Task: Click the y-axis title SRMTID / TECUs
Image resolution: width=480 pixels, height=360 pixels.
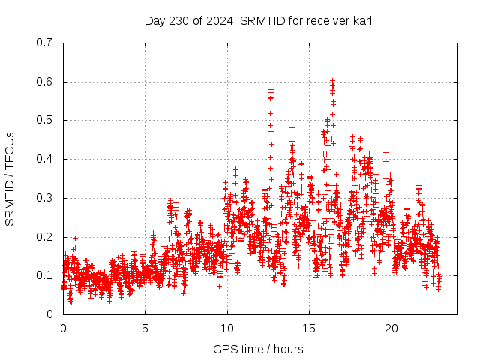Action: (x=10, y=178)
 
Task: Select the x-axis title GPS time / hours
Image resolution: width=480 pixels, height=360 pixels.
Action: (x=259, y=349)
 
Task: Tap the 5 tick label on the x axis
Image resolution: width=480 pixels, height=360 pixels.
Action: (x=145, y=328)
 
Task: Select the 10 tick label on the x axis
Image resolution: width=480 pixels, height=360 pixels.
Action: (x=227, y=328)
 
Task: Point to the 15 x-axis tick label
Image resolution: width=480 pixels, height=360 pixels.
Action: (x=309, y=328)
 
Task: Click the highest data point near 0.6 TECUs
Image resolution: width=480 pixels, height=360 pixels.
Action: (x=332, y=79)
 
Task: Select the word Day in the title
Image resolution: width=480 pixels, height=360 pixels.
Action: (x=154, y=20)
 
